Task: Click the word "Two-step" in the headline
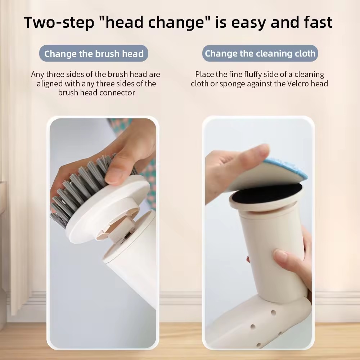(x=59, y=22)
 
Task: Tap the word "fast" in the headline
(x=318, y=22)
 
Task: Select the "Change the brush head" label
(x=94, y=54)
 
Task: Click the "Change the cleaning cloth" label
(x=260, y=53)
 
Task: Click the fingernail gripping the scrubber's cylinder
(x=281, y=255)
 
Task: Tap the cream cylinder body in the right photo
(x=273, y=253)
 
